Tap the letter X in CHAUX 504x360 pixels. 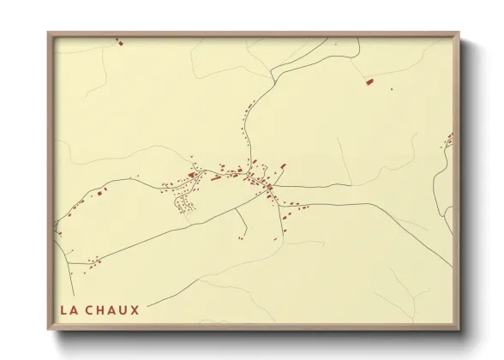coord(135,309)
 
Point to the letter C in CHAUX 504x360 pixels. coord(91,309)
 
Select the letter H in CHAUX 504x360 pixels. coord(102,309)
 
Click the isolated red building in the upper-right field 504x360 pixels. coord(369,81)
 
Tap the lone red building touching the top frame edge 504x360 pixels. coord(121,41)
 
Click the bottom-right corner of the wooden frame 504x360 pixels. coord(460,329)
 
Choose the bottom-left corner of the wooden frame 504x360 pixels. coord(49,329)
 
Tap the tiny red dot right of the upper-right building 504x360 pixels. coord(391,88)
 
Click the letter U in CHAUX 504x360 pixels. coord(124,309)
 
